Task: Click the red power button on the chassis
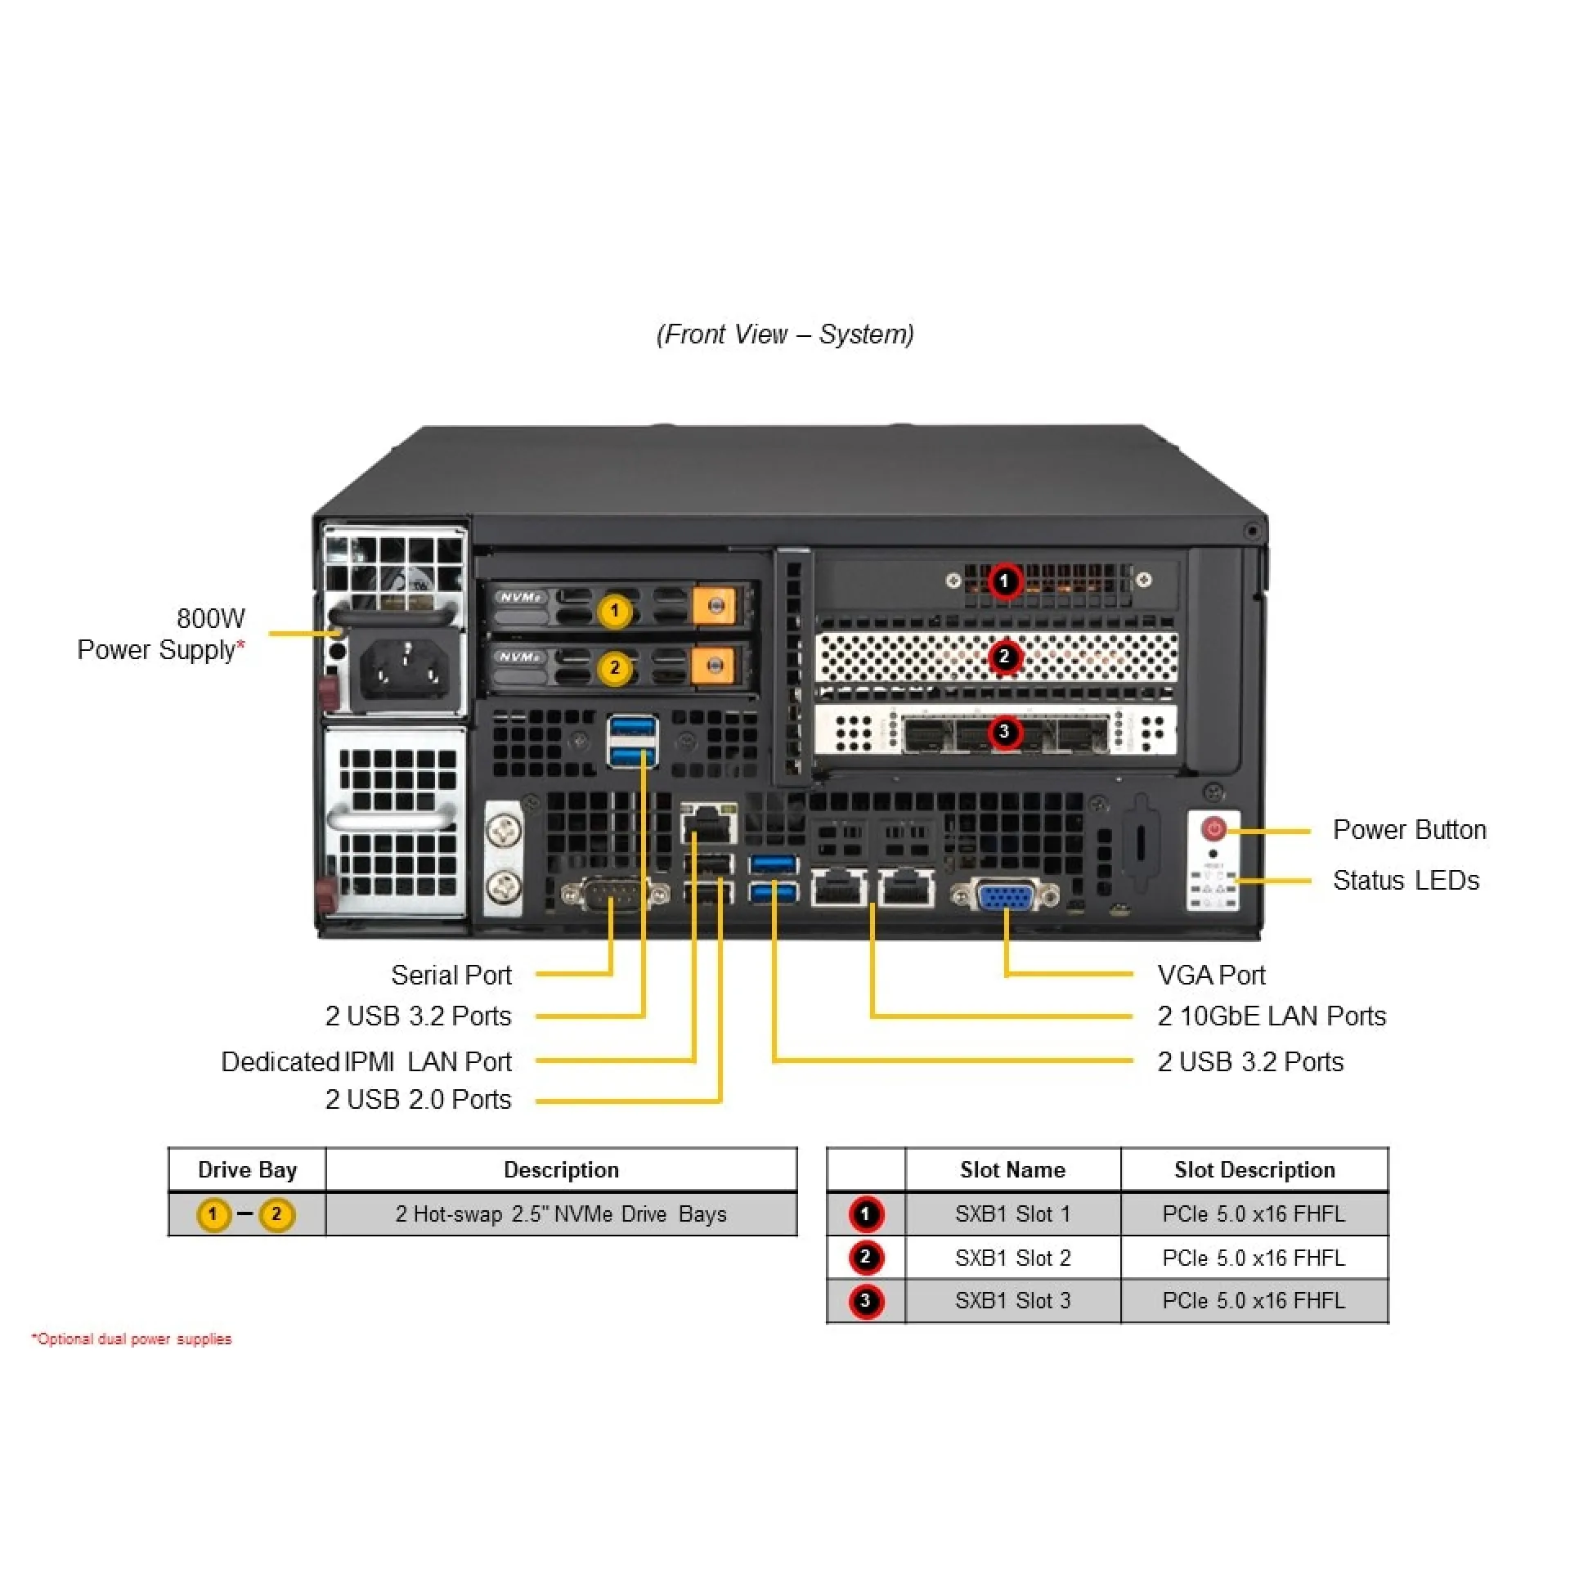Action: click(x=1213, y=829)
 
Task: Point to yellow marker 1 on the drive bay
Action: click(x=615, y=611)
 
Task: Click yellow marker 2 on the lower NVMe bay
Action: click(x=615, y=668)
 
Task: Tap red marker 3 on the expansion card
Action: click(x=1004, y=731)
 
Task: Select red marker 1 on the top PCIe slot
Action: click(x=1004, y=581)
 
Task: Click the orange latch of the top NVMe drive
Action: click(x=715, y=606)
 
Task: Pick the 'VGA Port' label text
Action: click(x=1211, y=975)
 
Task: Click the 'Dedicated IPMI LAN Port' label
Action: click(x=366, y=1061)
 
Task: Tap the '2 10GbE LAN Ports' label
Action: click(x=1272, y=1016)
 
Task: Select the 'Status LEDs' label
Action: click(x=1406, y=880)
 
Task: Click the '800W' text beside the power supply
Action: click(x=211, y=618)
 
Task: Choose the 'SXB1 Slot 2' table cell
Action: click(x=1012, y=1258)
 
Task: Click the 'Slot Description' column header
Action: click(x=1254, y=1169)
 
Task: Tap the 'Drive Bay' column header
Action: click(x=247, y=1169)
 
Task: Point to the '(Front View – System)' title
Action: click(x=785, y=334)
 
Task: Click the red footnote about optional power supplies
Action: click(x=132, y=1339)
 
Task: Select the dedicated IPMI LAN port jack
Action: click(x=709, y=824)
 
